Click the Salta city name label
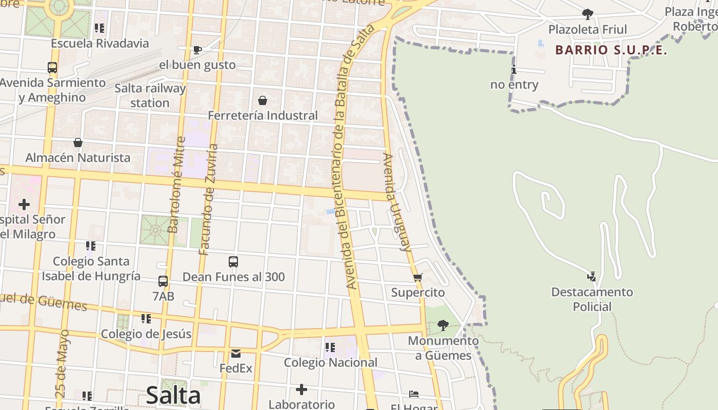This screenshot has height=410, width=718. point(173,395)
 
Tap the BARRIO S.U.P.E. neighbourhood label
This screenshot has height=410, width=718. point(611,50)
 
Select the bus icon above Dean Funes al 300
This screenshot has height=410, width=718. point(233,262)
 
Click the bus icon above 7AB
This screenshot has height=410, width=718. point(163,281)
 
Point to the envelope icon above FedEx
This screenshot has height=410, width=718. point(236,353)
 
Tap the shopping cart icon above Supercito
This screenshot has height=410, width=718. point(418,278)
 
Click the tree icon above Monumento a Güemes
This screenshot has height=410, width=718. point(443,325)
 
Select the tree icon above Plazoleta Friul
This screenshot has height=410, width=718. point(588,14)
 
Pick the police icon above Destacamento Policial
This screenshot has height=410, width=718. point(592,277)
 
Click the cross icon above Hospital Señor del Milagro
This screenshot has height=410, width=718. point(24,205)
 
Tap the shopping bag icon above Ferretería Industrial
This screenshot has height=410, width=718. point(263,100)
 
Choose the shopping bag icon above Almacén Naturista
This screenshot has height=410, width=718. point(78,142)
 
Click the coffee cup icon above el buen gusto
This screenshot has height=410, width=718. point(197,50)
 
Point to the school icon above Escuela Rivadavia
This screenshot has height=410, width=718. point(99,28)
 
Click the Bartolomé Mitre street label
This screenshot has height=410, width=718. point(175,184)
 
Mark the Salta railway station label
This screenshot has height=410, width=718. point(150,95)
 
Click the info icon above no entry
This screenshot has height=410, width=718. point(513,70)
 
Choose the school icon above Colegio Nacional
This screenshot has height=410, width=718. point(330,347)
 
